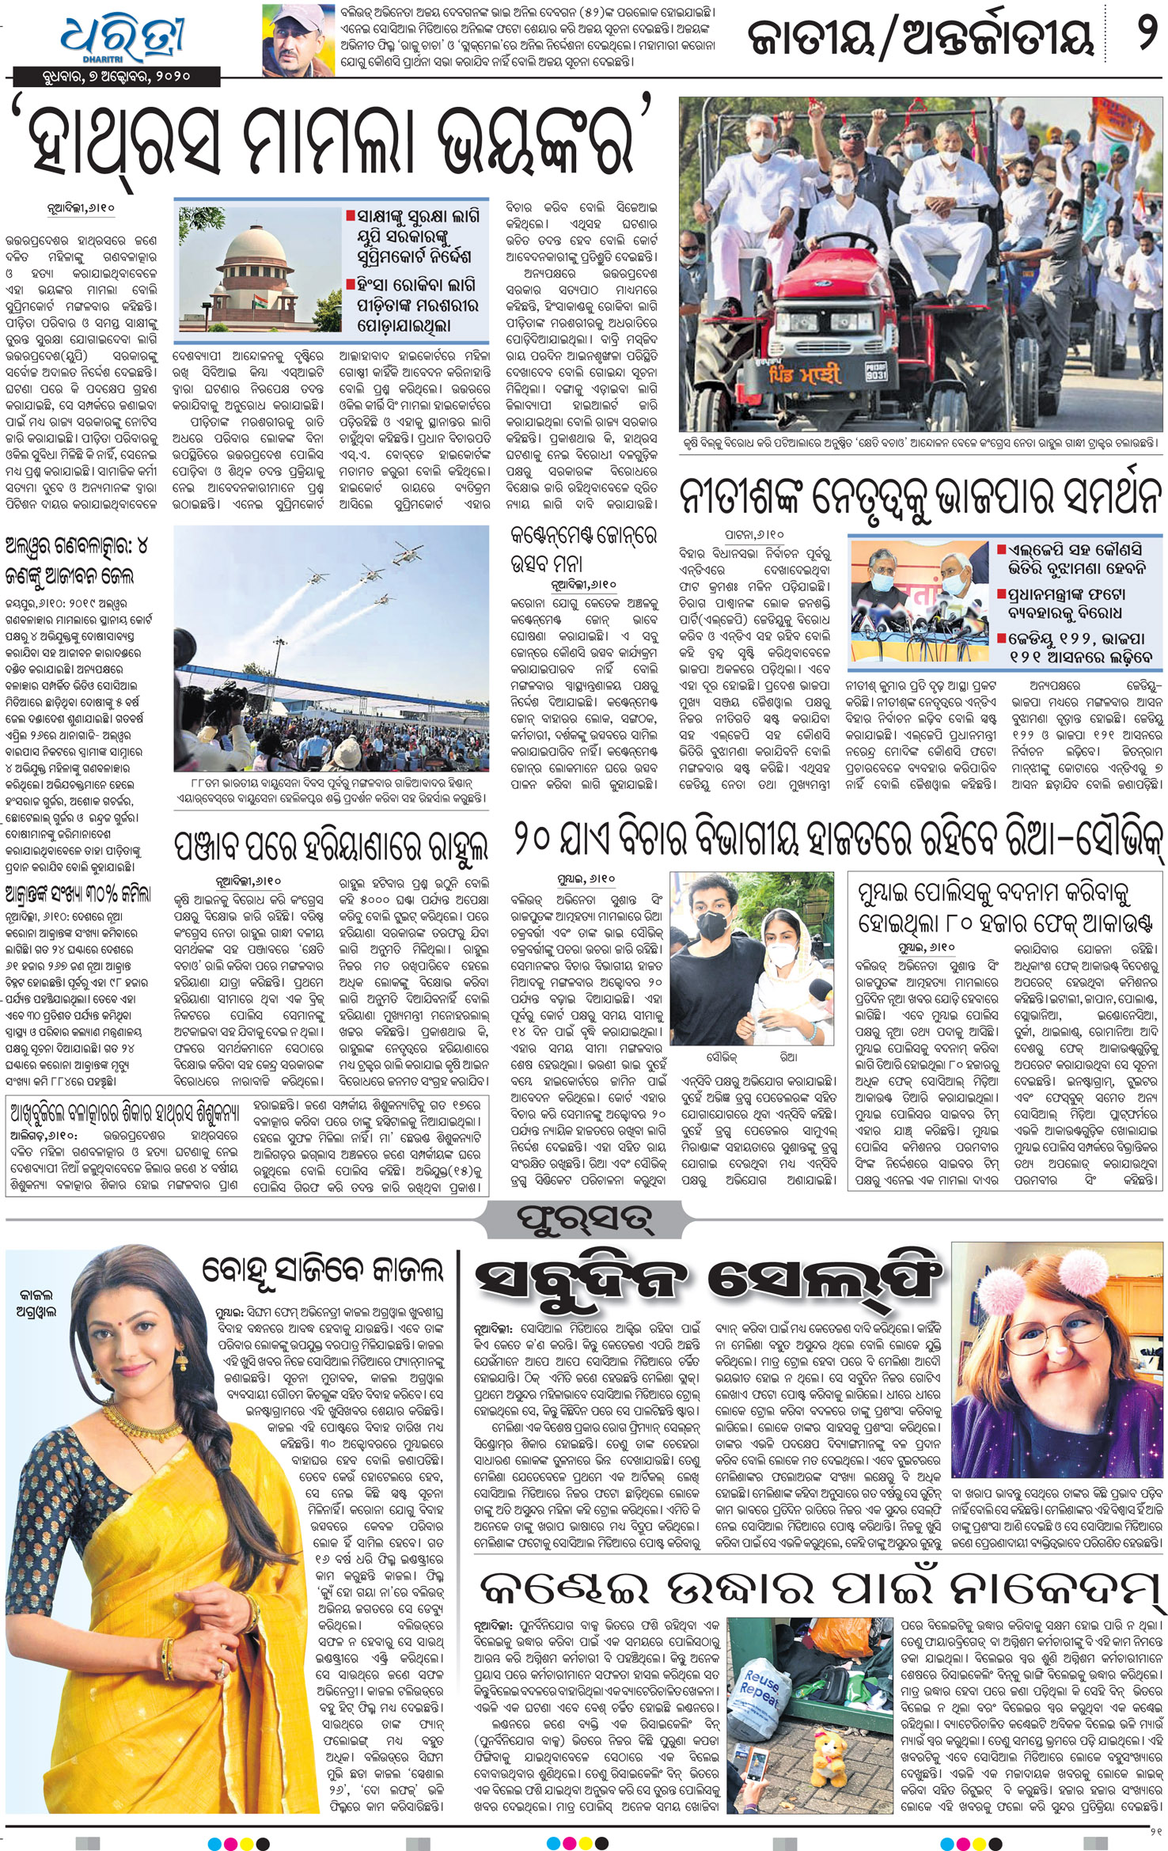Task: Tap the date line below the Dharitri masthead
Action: pos(116,77)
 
